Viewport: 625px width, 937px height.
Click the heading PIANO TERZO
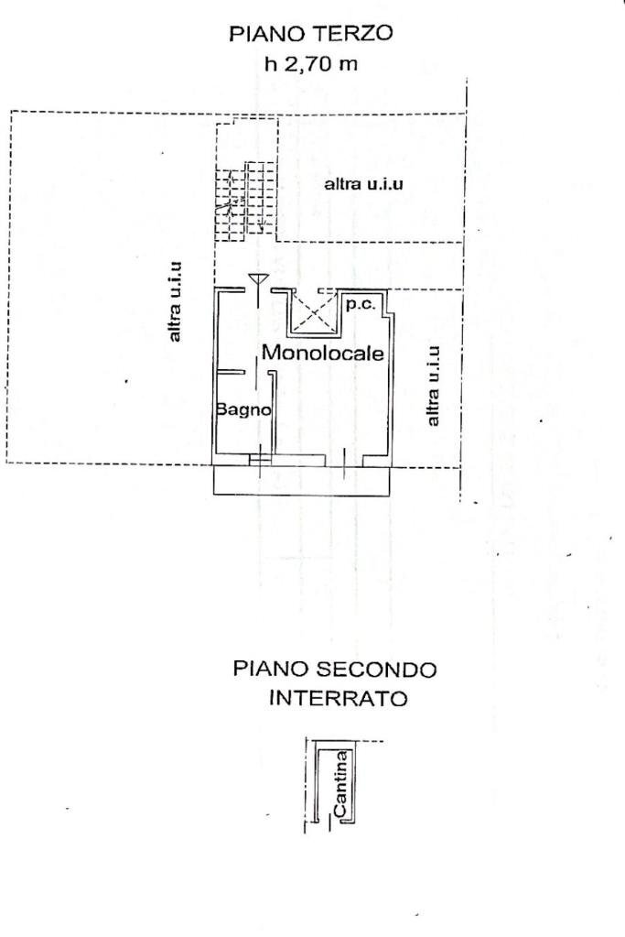click(x=311, y=34)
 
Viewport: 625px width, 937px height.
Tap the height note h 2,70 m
click(x=311, y=65)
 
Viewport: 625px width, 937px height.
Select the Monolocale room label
click(x=322, y=353)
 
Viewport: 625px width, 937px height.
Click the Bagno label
click(x=244, y=410)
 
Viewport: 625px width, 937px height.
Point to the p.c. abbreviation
click(x=359, y=304)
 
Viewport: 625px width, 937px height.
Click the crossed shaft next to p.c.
click(x=313, y=312)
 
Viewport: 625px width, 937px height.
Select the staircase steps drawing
click(x=245, y=202)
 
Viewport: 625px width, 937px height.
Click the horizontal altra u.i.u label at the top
click(x=364, y=184)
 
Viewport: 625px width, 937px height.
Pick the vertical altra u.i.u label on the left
click(x=177, y=302)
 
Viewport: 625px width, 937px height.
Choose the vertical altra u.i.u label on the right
click(x=434, y=385)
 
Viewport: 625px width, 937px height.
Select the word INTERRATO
click(x=338, y=699)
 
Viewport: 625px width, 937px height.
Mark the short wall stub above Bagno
click(x=231, y=371)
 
